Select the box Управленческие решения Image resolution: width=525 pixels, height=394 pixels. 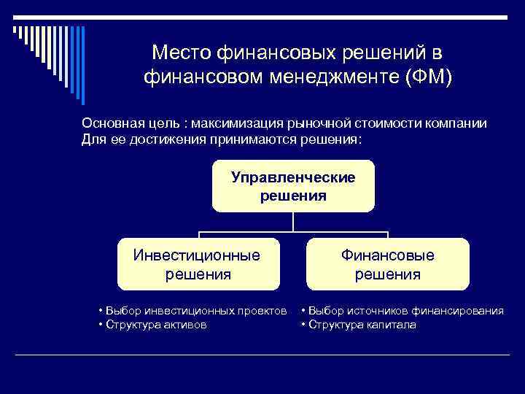(293, 187)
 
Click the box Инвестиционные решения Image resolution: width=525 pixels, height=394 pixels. (198, 264)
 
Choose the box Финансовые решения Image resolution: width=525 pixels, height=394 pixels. (388, 264)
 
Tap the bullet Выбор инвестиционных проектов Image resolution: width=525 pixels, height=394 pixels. (194, 312)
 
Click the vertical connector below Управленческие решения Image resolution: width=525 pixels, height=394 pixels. (293, 223)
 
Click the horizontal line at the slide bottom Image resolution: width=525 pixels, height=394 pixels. (262, 355)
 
